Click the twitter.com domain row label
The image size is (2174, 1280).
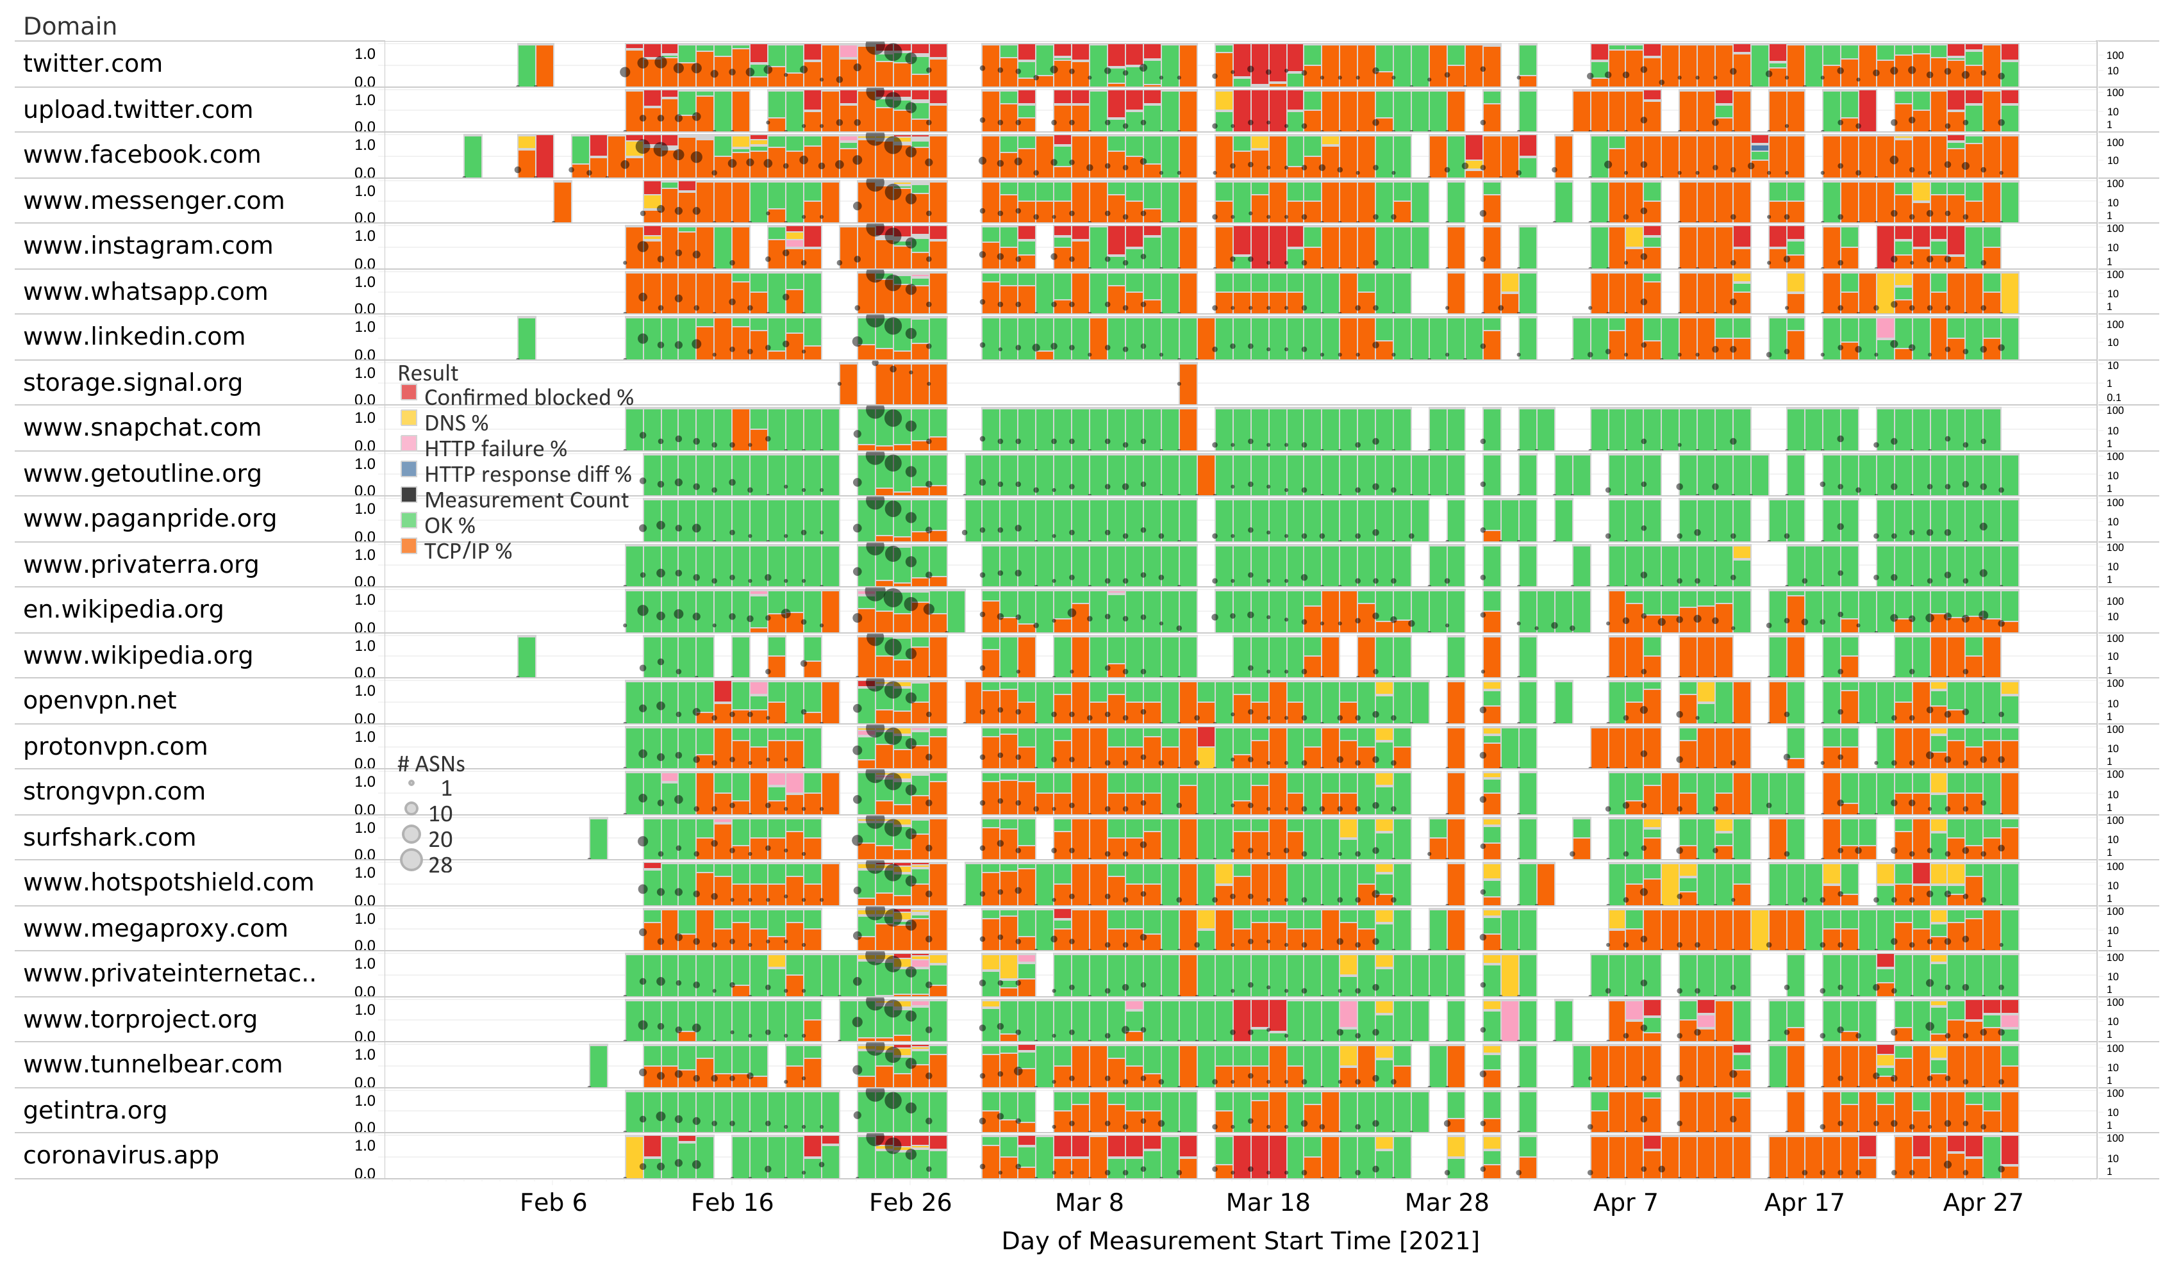92,64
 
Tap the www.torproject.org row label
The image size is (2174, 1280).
140,1019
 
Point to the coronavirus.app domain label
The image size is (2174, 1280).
120,1155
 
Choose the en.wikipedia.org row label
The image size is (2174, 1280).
123,609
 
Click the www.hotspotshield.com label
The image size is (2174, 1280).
168,882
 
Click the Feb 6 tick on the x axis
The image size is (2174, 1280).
553,1202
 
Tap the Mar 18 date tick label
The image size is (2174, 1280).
1267,1202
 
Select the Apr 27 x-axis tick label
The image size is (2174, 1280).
1982,1202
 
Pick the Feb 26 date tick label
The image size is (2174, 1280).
910,1202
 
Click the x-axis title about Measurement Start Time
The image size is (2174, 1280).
1240,1240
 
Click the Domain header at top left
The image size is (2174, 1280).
70,26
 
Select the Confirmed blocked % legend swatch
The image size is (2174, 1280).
409,393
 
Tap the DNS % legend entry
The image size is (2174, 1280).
456,423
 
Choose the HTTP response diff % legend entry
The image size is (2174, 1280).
527,474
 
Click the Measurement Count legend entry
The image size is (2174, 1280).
526,500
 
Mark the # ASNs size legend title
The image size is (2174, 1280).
431,764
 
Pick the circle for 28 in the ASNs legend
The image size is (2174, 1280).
411,860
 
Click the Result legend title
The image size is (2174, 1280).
428,373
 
